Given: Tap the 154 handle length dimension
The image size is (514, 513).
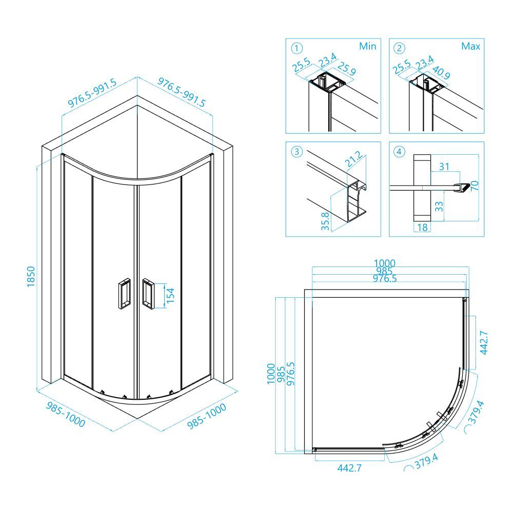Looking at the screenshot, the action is coord(170,295).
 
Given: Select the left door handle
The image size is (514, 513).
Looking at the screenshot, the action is coord(124,293).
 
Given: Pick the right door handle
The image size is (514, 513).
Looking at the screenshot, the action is coord(148,293).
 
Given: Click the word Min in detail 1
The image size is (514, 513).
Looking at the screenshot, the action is coord(367,46).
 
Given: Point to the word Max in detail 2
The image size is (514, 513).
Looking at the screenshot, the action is coord(470,46).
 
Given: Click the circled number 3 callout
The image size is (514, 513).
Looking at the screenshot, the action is coord(297,152).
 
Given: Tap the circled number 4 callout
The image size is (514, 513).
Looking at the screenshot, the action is coord(399,152).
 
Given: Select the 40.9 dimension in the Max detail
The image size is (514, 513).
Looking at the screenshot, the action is coord(441,73).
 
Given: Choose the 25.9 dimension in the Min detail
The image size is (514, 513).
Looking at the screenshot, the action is coord(346,69).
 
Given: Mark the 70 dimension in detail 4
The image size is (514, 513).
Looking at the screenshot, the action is coord(475,186).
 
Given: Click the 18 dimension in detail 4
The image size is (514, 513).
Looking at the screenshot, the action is coord(423,227).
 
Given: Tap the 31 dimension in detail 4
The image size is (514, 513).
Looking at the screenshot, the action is coord(444,167).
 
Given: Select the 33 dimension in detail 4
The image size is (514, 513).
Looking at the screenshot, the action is coord(439,207).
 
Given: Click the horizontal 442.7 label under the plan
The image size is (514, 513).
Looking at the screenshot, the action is coord(349,468).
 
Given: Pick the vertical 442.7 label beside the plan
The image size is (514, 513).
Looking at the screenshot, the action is coord(484,343).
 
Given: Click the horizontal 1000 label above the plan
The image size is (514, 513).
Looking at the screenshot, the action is coord(385,263).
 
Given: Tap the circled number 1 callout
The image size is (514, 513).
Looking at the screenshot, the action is coord(297,49).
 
